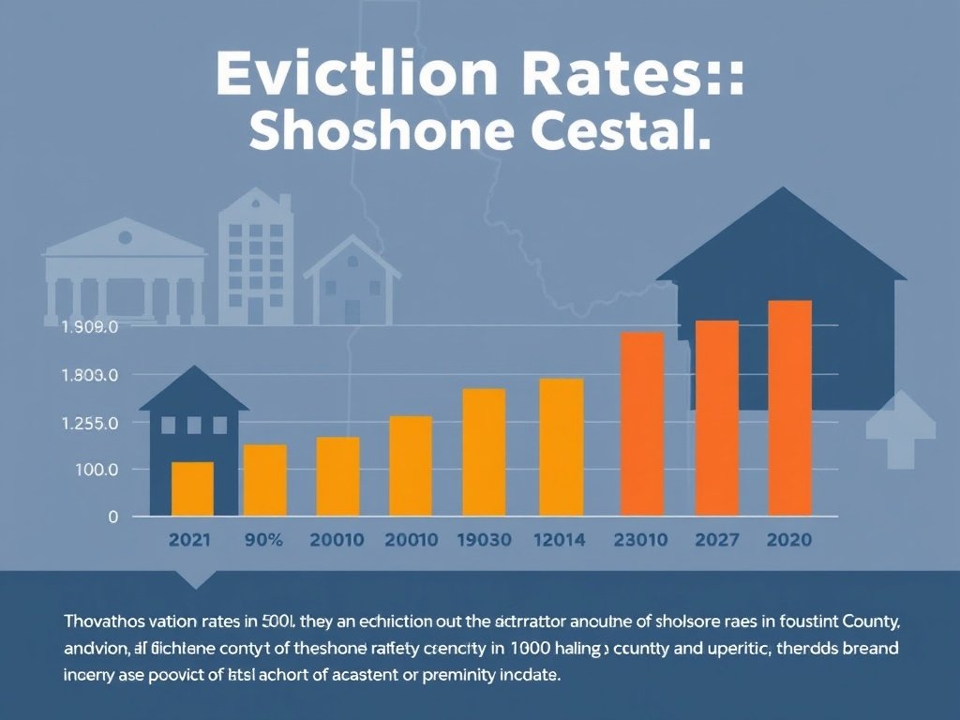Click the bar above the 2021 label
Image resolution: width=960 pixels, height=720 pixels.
pos(192,488)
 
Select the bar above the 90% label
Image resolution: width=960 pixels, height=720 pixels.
pos(265,480)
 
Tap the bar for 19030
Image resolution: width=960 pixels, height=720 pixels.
pos(484,452)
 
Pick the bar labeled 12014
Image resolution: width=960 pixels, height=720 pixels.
pos(561,447)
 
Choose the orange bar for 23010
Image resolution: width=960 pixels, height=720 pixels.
pos(642,424)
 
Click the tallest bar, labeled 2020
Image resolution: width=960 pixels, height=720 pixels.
pos(789,408)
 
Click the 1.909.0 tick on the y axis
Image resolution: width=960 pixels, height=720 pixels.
pos(89,328)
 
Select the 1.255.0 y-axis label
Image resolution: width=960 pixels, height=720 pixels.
pos(89,423)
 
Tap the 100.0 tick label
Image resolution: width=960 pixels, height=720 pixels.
pos(95,470)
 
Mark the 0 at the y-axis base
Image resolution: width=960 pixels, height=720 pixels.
pos(112,517)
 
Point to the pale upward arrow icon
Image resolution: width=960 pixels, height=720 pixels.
pos(900,428)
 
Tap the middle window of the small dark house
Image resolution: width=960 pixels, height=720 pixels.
pos(193,426)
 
